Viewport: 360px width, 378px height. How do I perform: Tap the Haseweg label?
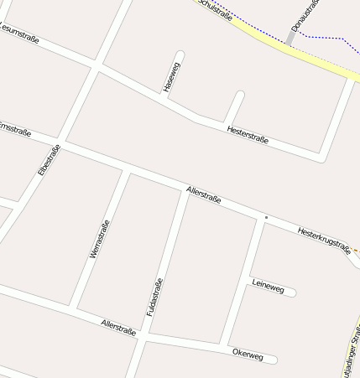tap(172, 75)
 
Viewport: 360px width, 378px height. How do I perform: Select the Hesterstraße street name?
tap(248, 134)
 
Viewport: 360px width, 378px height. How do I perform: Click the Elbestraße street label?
tap(50, 159)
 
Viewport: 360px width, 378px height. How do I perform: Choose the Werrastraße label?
tap(99, 239)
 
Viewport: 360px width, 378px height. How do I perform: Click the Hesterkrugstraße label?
tap(323, 238)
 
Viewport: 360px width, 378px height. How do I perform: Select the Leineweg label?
tap(268, 287)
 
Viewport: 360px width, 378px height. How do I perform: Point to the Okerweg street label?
tap(248, 355)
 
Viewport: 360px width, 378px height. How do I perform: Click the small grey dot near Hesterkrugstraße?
tap(266, 218)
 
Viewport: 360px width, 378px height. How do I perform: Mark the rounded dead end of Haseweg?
tap(180, 57)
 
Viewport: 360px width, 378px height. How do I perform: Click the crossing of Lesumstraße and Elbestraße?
tap(97, 65)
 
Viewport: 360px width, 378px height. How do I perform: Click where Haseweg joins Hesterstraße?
tap(164, 99)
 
